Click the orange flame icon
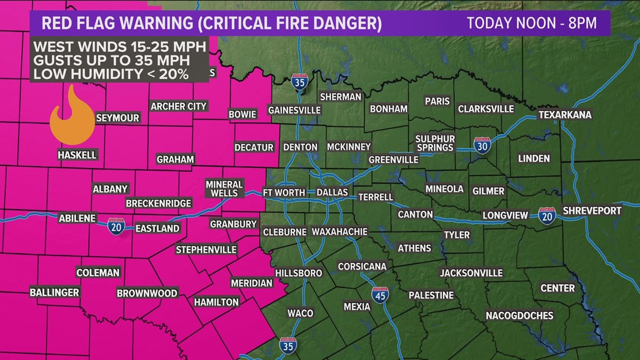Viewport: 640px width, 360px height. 71,118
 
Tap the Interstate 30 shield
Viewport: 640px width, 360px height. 482,145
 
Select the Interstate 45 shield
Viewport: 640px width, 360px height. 380,295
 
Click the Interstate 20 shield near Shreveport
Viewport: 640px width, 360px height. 547,216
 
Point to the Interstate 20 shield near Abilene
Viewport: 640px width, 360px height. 116,226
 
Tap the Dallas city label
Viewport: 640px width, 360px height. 332,193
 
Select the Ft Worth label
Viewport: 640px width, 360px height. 284,193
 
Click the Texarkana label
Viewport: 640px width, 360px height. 564,115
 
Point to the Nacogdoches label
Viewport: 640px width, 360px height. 519,315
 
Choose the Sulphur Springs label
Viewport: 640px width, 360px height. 435,143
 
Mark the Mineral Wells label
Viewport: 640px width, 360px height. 224,189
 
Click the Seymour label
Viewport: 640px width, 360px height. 117,118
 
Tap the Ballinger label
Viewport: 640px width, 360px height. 54,293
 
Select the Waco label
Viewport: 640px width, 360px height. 300,313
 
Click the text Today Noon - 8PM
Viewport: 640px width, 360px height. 531,24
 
